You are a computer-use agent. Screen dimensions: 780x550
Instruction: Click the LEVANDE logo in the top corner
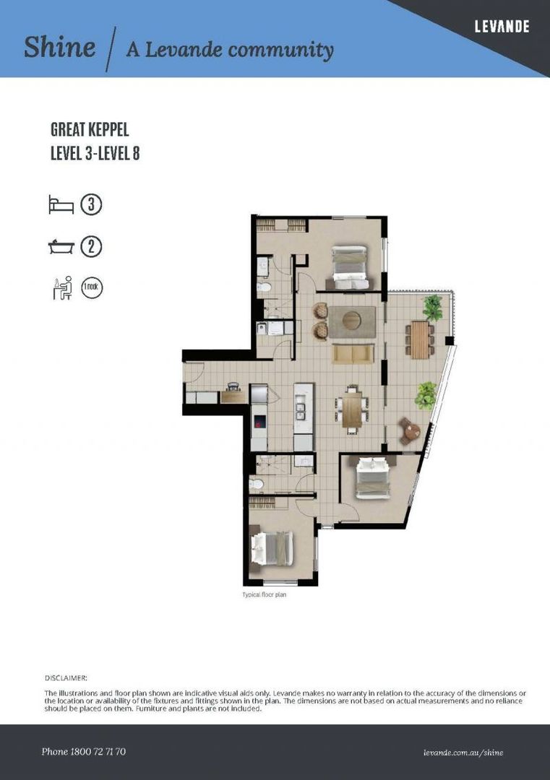coord(502,27)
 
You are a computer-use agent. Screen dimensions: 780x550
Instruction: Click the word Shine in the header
coord(59,48)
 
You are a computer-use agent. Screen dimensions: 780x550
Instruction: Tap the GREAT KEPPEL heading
coord(90,131)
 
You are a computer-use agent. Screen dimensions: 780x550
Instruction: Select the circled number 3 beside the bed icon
coord(91,204)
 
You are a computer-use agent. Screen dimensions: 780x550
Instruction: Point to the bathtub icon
coord(61,247)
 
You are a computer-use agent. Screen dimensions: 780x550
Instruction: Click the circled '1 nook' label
coord(92,288)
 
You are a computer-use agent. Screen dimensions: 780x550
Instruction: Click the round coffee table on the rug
coord(351,320)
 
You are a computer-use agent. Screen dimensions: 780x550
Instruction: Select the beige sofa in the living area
coord(353,353)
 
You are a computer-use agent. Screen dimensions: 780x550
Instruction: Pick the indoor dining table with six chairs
coord(352,409)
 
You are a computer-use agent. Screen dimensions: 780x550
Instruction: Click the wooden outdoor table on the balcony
coord(419,339)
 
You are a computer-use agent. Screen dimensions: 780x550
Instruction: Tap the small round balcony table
coord(411,431)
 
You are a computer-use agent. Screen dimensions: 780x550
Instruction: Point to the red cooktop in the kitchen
coord(259,424)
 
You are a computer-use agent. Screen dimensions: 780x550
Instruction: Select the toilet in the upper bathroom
coord(265,287)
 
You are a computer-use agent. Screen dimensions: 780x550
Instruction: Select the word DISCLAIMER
coord(66,678)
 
